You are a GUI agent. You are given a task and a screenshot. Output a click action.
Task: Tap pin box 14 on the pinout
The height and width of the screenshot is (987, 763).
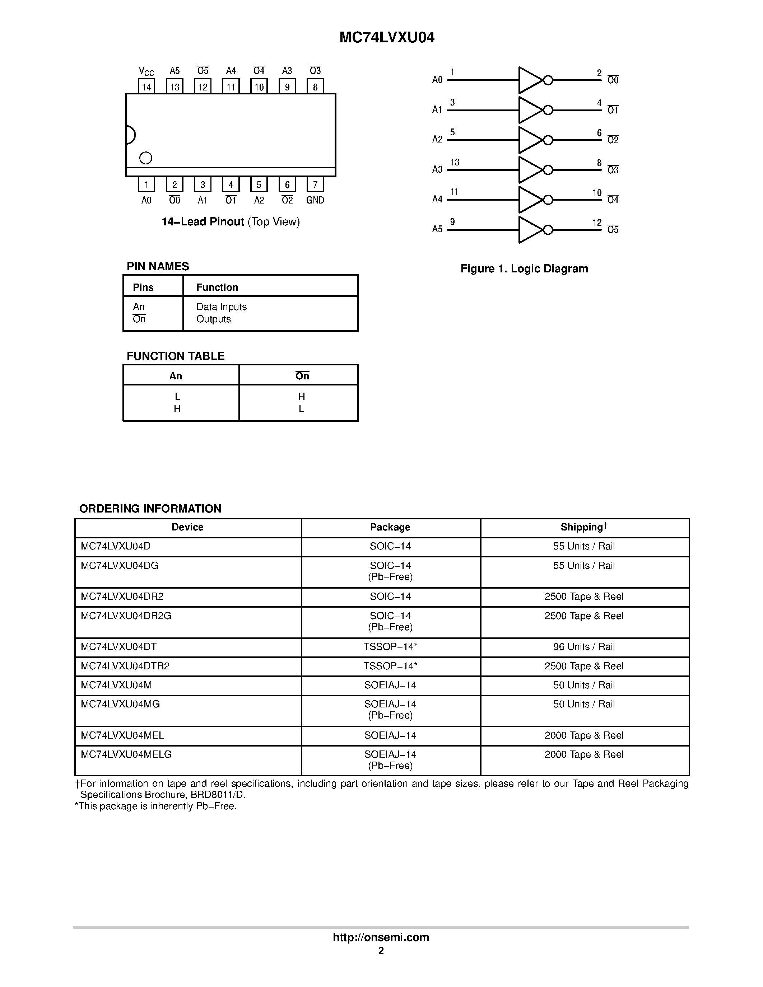point(146,86)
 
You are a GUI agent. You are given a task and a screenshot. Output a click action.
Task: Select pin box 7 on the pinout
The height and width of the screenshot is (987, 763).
point(315,184)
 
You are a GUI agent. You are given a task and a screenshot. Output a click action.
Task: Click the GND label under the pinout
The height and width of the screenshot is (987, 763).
point(315,200)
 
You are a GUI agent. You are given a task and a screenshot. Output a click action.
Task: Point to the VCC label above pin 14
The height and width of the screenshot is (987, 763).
point(146,71)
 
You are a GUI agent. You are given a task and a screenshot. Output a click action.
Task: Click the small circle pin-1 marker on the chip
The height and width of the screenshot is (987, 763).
point(145,158)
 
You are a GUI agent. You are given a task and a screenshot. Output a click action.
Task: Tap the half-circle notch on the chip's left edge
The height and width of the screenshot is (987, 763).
point(130,135)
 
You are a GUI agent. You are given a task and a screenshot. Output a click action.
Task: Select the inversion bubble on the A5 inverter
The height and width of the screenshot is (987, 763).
point(548,230)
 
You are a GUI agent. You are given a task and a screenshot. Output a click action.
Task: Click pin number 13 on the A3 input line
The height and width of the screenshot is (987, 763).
point(455,162)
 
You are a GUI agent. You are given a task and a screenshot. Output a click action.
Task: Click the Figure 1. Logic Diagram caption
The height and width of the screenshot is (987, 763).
point(524,269)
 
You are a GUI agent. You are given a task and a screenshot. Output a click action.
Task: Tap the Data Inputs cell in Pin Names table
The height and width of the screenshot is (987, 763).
point(222,307)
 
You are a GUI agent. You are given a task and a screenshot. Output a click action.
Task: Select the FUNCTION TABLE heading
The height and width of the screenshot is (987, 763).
point(175,356)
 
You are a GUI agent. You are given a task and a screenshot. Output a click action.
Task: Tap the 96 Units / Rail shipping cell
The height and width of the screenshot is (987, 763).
point(583,647)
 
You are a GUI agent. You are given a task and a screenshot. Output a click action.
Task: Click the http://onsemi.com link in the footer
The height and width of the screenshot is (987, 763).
point(381,937)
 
